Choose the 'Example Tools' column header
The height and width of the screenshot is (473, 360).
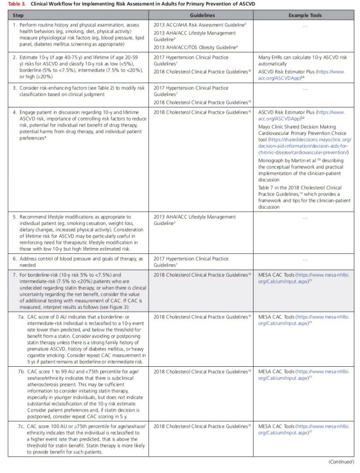[x=305, y=15]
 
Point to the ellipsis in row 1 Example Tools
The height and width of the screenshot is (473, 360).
[x=305, y=26]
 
